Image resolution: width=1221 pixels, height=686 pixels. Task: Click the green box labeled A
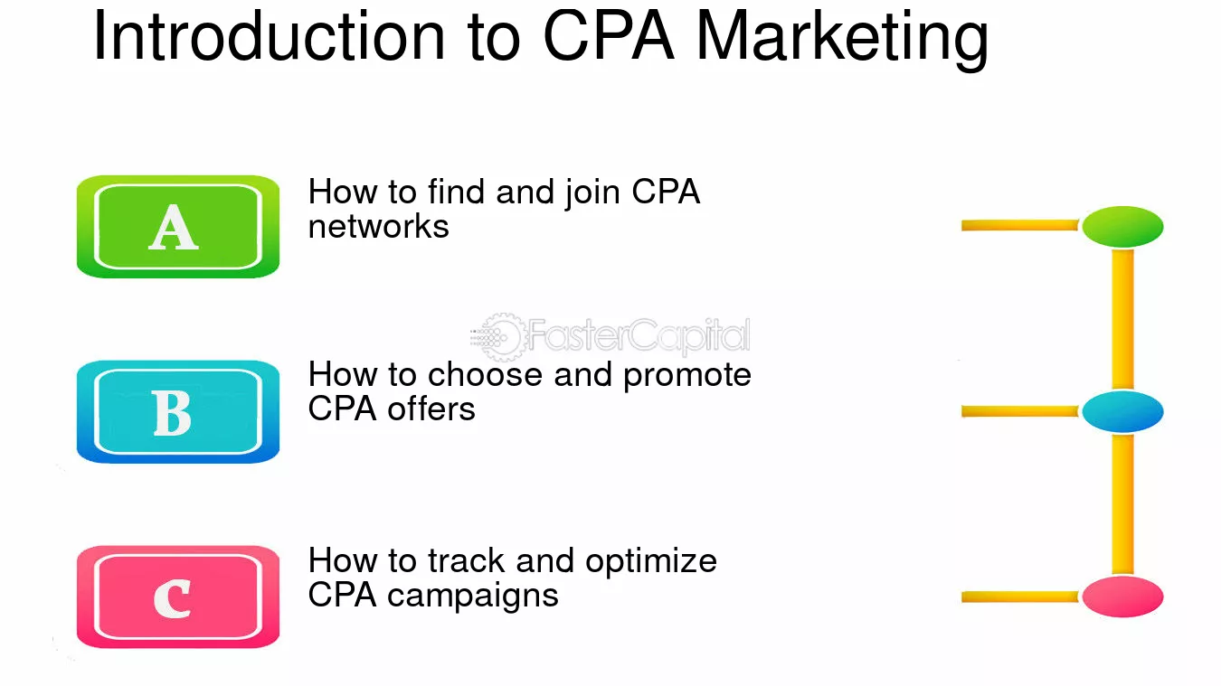tap(178, 227)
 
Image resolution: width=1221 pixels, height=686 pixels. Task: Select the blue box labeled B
tap(178, 412)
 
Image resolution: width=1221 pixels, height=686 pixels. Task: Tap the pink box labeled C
tap(178, 597)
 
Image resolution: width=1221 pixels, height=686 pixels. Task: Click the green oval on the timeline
tap(1122, 226)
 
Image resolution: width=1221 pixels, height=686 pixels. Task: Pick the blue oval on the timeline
tap(1122, 411)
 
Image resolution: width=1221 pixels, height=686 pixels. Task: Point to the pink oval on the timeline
tap(1122, 597)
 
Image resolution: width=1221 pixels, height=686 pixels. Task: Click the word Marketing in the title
tap(842, 36)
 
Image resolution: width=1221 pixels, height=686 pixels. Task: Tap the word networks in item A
tap(378, 226)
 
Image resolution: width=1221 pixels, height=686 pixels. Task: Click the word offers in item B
tap(431, 409)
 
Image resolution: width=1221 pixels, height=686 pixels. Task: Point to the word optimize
tap(651, 562)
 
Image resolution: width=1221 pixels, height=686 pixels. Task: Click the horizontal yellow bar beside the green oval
tap(1020, 225)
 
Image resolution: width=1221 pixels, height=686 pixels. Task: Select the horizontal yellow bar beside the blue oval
tap(1020, 411)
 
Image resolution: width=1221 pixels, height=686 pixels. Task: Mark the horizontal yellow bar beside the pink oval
tap(1020, 597)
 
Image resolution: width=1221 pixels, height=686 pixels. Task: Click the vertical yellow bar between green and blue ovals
tap(1122, 318)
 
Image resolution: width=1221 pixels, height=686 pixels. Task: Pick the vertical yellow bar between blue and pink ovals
tap(1122, 503)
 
